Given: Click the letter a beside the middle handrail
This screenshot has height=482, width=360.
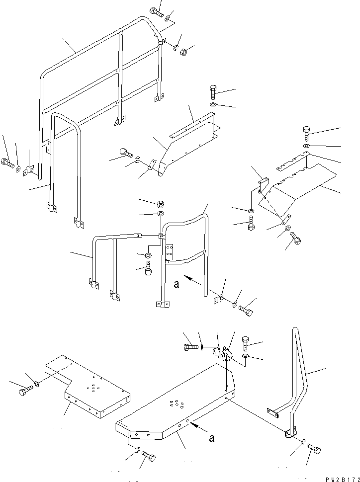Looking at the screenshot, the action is pos(177,284).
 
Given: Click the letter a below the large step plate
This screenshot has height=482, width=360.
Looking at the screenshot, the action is pos(211,438).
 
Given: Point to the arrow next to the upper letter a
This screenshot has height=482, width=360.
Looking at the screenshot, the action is pos(192,279).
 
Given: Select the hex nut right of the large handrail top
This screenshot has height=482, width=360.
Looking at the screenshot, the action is pos(183,53).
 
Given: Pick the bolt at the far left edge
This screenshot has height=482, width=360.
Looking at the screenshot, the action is pos(7,163).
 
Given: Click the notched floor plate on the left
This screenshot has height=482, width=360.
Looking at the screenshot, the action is pos(88,387).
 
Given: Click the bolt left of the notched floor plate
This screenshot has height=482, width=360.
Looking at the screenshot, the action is pos(25,391).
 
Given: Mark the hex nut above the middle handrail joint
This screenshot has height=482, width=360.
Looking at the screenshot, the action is pos(161,204).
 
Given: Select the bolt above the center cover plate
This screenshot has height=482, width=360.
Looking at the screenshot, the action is pos(213,92).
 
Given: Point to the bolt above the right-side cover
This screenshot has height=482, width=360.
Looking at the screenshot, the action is pos(307,133).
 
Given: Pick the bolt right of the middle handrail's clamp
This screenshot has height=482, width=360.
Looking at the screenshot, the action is pos(246,310).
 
